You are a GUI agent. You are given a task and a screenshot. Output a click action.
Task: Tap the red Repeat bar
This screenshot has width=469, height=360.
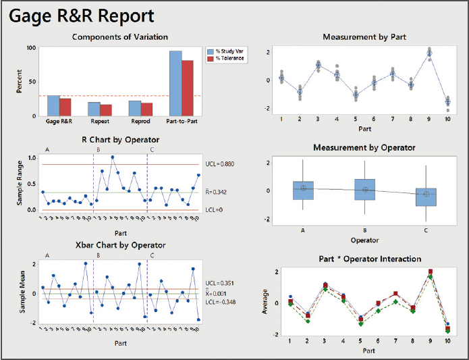pos(105,111)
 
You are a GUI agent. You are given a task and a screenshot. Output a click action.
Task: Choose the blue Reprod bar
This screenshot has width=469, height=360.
pos(135,109)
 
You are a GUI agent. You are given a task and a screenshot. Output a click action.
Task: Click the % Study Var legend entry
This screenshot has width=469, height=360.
pos(230,51)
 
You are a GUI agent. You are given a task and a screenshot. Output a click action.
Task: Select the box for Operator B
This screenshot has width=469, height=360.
pos(365,190)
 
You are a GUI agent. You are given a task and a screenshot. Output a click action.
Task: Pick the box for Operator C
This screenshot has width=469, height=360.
pos(426,197)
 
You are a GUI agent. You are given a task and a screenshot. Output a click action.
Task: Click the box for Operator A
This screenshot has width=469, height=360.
pos(303,190)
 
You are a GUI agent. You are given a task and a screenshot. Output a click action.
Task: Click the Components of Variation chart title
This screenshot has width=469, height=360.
pos(119,36)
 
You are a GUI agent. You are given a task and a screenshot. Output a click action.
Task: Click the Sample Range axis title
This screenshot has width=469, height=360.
pos(20,184)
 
